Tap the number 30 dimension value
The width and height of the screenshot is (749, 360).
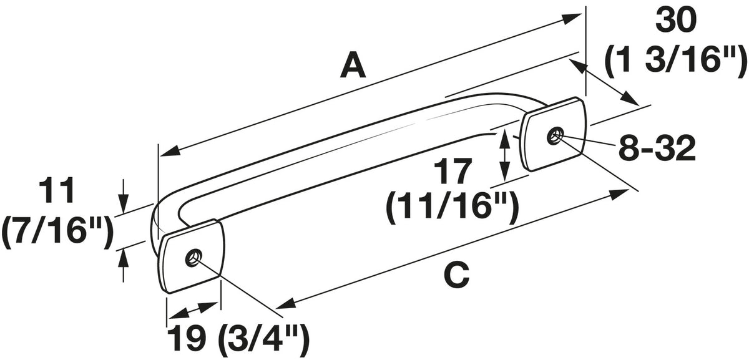click(676, 21)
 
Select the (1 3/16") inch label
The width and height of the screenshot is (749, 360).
click(676, 60)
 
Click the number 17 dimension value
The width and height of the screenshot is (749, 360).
click(452, 172)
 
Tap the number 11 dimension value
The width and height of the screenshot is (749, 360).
click(56, 191)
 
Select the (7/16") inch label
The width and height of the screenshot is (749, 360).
click(57, 230)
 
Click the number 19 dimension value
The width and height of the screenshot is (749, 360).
click(186, 338)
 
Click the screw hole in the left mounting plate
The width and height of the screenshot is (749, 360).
click(193, 258)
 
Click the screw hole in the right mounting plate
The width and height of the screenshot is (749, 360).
click(555, 136)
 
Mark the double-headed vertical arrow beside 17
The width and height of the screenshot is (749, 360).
click(504, 155)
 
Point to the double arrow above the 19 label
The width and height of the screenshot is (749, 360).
click(194, 309)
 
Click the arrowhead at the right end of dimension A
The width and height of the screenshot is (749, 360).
click(571, 18)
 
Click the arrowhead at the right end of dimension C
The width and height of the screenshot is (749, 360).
click(619, 194)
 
